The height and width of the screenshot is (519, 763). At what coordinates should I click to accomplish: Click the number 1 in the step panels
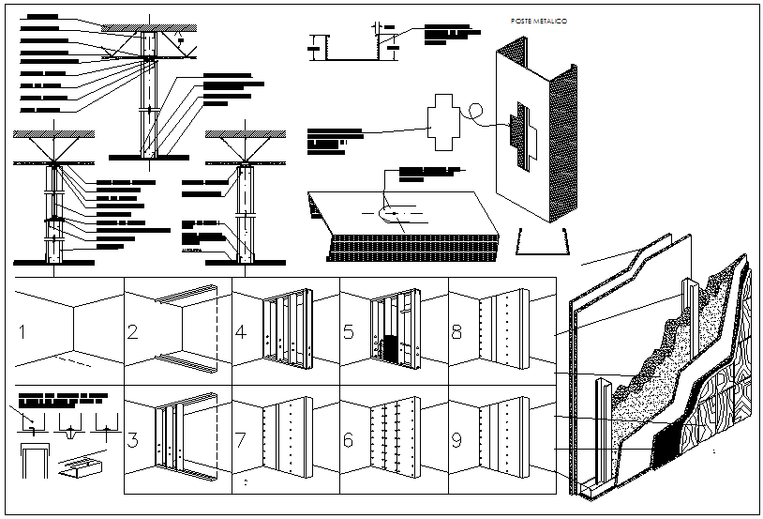coord(22,332)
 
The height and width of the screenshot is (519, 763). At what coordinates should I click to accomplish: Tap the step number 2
coord(134,332)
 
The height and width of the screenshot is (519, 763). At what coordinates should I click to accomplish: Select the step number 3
coord(134,438)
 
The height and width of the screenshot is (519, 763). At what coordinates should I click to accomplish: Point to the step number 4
coord(243,332)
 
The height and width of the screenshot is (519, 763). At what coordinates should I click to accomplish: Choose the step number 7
coord(243,438)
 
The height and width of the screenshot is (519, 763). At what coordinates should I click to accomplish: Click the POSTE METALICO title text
coord(538,20)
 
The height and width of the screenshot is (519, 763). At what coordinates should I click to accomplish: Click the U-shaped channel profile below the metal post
coord(542,242)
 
